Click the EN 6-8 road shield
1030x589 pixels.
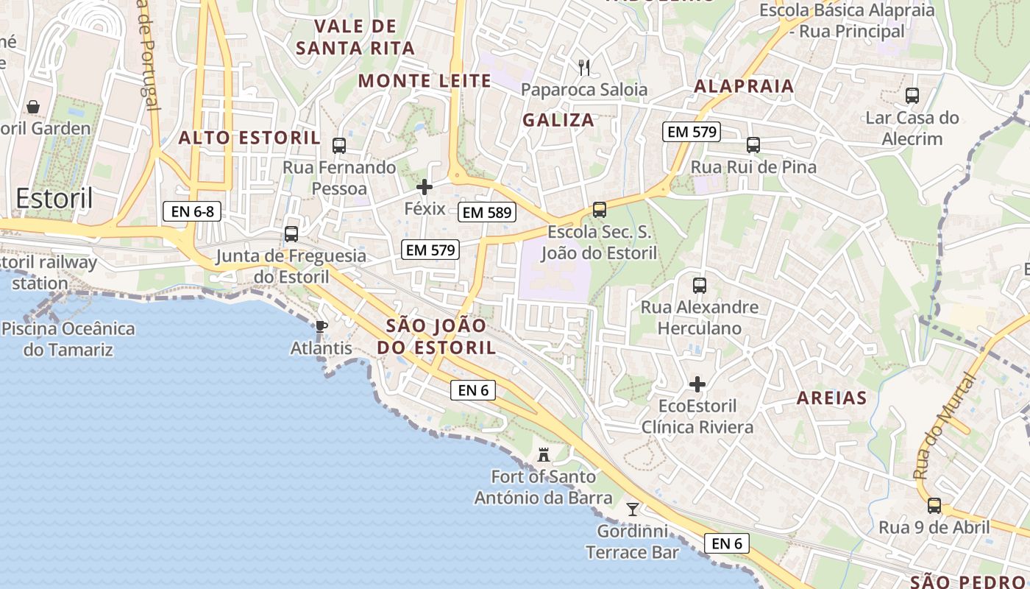point(192,212)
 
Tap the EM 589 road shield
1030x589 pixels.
point(487,213)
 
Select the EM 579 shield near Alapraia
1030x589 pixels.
point(691,132)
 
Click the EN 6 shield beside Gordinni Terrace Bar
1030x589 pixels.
point(727,543)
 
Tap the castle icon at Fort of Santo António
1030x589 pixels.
point(544,454)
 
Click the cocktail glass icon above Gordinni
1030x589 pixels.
point(632,509)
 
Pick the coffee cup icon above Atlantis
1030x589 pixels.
point(321,326)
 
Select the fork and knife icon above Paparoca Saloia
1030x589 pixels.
point(585,68)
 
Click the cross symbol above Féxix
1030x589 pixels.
point(425,187)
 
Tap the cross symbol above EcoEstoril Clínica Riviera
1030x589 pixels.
point(697,384)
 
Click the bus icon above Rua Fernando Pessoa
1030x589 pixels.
point(339,146)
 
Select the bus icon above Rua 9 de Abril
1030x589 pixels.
point(934,506)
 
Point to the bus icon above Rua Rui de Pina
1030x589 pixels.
point(753,145)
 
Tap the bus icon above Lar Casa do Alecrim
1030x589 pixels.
point(912,96)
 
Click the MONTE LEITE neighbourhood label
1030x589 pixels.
point(425,81)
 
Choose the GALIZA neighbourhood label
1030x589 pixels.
point(558,120)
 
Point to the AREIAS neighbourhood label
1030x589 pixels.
point(832,398)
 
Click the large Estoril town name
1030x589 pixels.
point(54,198)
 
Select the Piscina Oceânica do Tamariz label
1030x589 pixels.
point(68,339)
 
